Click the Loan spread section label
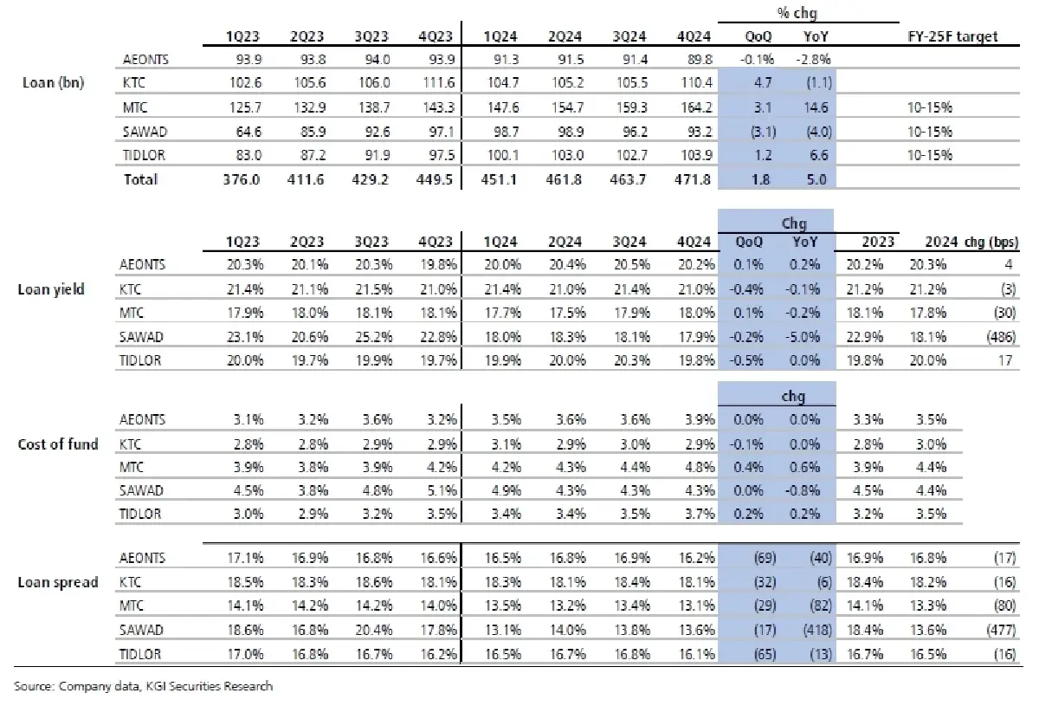[57, 582]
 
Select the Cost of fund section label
[58, 444]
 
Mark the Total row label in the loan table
[142, 179]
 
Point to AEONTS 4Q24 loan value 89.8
[698, 59]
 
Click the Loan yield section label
[51, 289]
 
